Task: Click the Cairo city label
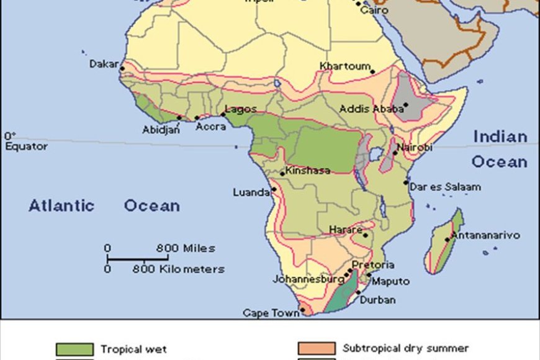pyautogui.click(x=374, y=11)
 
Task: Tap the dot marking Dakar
pyautogui.click(x=123, y=69)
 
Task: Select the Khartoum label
pyautogui.click(x=345, y=66)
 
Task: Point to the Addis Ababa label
pyautogui.click(x=366, y=109)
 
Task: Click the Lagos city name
pyautogui.click(x=241, y=109)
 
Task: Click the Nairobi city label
pyautogui.click(x=414, y=147)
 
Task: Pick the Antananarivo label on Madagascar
pyautogui.click(x=485, y=235)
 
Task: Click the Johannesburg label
pyautogui.click(x=308, y=279)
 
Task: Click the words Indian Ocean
pyautogui.click(x=500, y=149)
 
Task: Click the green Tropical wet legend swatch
pyautogui.click(x=74, y=349)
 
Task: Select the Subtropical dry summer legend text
pyautogui.click(x=405, y=348)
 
